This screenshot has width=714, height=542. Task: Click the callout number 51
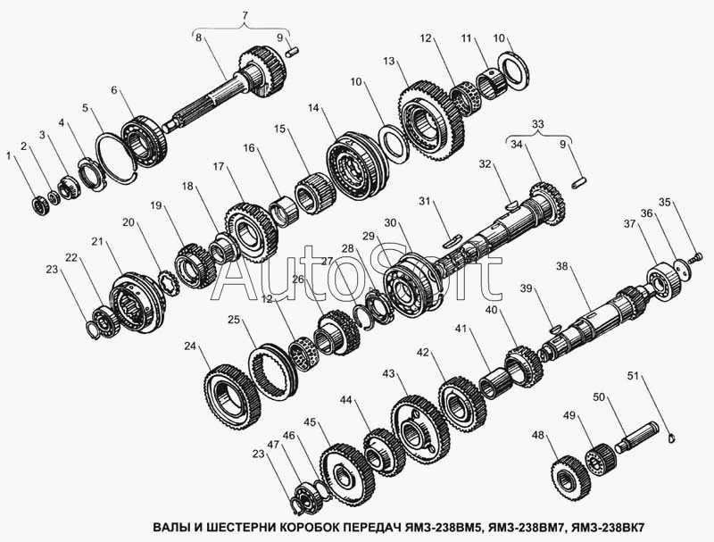coord(634,376)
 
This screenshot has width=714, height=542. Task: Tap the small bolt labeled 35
coord(694,258)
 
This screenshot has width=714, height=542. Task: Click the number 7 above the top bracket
coord(245,16)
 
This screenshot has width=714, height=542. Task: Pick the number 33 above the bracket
coord(538,124)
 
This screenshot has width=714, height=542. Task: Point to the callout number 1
coord(8,155)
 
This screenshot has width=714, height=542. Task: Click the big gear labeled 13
coord(432,120)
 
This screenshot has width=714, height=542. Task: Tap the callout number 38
coord(563,265)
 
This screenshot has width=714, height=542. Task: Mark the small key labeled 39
coord(555,327)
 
